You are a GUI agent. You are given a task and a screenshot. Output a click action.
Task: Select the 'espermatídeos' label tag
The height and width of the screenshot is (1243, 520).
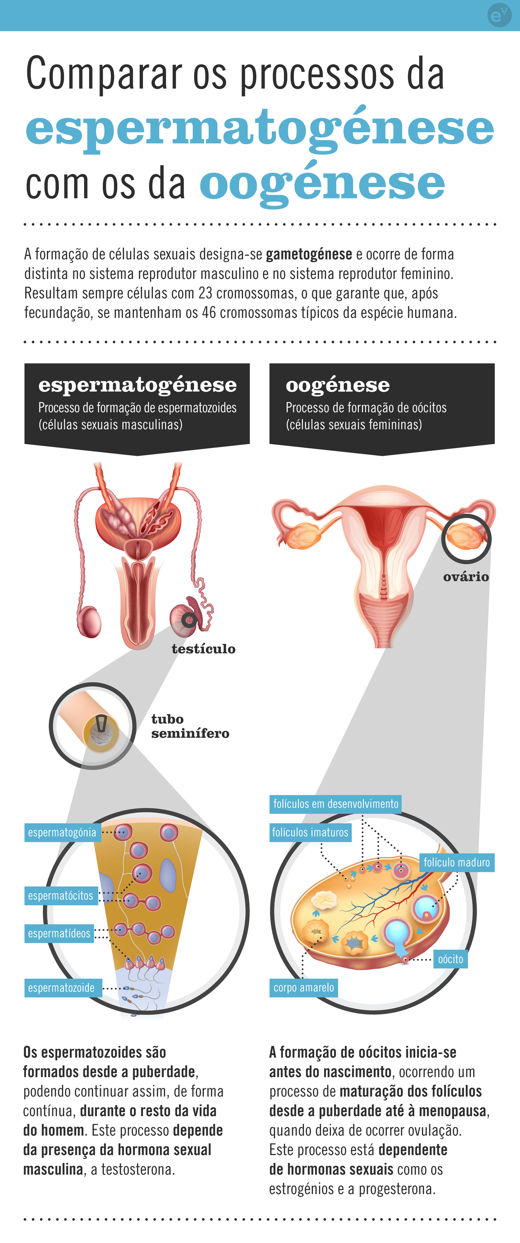click(x=59, y=934)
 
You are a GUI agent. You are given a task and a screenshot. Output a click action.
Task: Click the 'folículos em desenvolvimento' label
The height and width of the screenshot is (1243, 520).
click(x=335, y=804)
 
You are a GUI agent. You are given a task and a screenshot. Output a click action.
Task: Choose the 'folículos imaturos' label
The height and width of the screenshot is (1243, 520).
click(x=310, y=832)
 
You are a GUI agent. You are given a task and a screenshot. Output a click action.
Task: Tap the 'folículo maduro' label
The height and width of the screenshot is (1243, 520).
click(x=457, y=862)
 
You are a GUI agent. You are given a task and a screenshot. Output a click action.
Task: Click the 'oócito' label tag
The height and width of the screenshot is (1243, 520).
click(x=451, y=959)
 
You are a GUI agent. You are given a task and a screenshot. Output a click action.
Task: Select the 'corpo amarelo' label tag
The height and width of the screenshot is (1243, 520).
click(x=304, y=988)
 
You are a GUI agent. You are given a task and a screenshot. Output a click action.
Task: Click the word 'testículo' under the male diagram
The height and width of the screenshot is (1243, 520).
click(x=203, y=649)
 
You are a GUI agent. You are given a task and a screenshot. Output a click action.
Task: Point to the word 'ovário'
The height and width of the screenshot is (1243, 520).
click(x=466, y=577)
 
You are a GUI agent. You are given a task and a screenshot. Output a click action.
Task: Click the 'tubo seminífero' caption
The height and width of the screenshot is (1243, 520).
click(x=190, y=726)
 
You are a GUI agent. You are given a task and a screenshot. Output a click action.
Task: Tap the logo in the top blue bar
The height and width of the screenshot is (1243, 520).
click(x=499, y=15)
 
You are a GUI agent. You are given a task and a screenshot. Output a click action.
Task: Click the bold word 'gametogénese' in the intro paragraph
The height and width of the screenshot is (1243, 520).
click(x=309, y=254)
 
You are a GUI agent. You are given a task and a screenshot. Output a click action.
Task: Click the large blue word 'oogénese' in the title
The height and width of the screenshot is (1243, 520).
click(x=322, y=184)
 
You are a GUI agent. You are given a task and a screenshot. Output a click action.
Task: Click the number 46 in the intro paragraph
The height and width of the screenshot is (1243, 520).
click(x=208, y=312)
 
